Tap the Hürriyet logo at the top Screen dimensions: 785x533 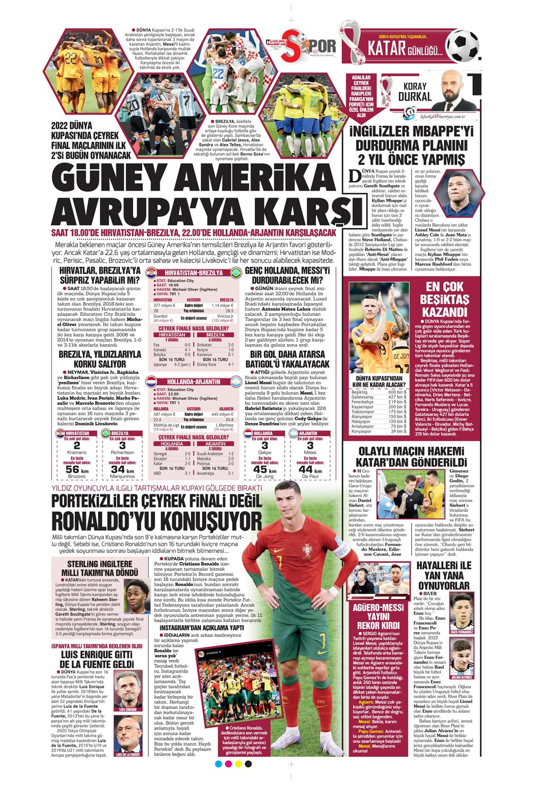point(277,40)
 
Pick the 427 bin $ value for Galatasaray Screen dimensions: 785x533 point(397,397)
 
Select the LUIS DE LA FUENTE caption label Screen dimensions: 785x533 point(128,754)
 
